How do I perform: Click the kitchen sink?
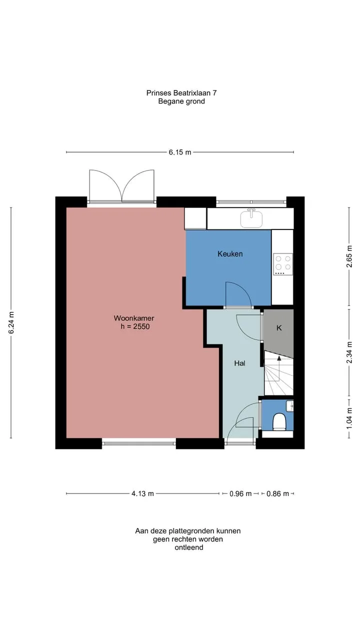pyautogui.click(x=251, y=218)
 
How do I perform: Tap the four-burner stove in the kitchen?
pyautogui.click(x=283, y=264)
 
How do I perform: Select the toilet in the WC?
pyautogui.click(x=279, y=422)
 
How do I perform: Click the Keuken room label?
pyautogui.click(x=230, y=253)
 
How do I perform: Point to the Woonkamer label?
pyautogui.click(x=134, y=318)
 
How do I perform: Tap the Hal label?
pyautogui.click(x=239, y=363)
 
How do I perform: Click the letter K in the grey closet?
pyautogui.click(x=279, y=328)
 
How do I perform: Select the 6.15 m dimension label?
pyautogui.click(x=179, y=152)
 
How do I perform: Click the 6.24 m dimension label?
pyautogui.click(x=11, y=322)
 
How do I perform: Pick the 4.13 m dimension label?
pyautogui.click(x=142, y=493)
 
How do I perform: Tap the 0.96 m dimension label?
pyautogui.click(x=240, y=493)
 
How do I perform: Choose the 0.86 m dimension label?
pyautogui.click(x=277, y=493)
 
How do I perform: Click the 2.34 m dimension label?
pyautogui.click(x=349, y=352)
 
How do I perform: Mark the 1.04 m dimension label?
pyautogui.click(x=349, y=418)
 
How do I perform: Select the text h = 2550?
pyautogui.click(x=135, y=326)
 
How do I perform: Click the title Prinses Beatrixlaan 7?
pyautogui.click(x=181, y=93)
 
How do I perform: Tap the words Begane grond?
pyautogui.click(x=181, y=101)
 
